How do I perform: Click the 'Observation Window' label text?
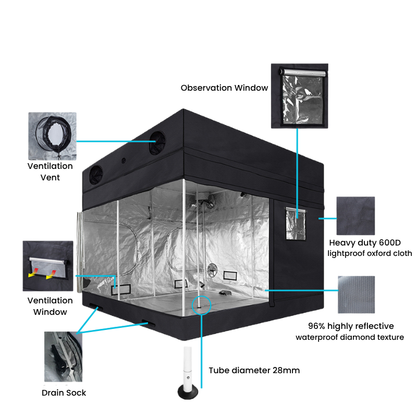click(x=224, y=88)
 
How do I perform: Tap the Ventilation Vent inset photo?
click(x=53, y=136)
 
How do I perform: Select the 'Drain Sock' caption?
click(x=64, y=393)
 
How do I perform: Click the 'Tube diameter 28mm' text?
click(x=254, y=370)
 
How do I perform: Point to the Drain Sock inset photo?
click(x=63, y=357)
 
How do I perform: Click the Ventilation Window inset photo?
click(x=48, y=266)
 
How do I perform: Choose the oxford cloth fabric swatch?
click(x=355, y=216)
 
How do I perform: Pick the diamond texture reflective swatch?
click(x=357, y=295)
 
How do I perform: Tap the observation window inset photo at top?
click(x=299, y=96)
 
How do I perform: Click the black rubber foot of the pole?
click(x=188, y=393)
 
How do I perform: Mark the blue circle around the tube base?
click(x=201, y=296)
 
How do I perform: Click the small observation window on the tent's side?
click(x=296, y=224)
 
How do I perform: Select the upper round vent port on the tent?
click(x=157, y=143)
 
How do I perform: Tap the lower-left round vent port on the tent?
click(x=96, y=175)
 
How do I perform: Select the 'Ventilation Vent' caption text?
click(x=50, y=171)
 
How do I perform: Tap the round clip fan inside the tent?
click(x=213, y=269)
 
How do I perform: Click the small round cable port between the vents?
click(x=124, y=161)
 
